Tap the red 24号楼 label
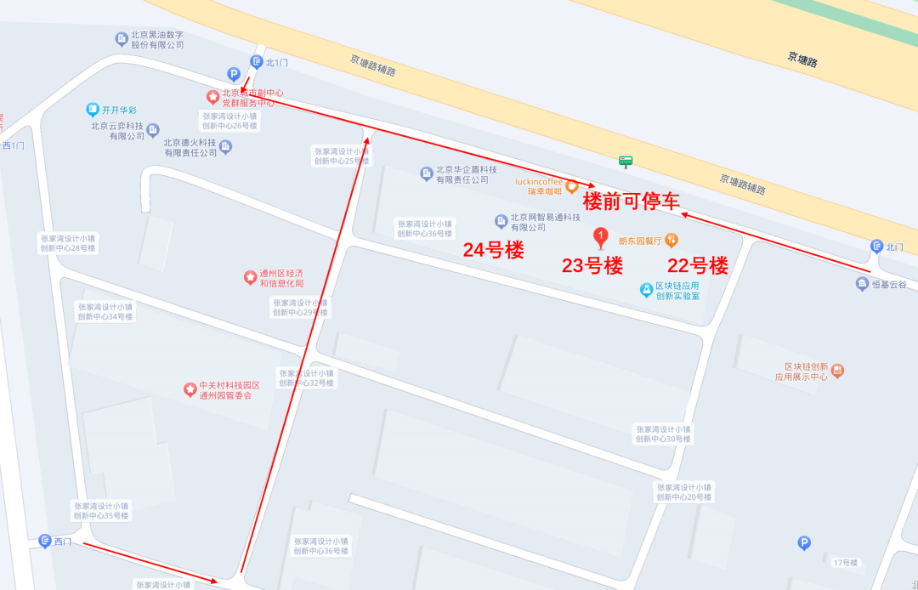tap(493, 250)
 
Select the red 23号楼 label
tap(592, 266)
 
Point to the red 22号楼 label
tap(698, 266)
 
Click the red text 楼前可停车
tap(632, 201)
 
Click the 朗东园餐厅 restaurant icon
tap(671, 240)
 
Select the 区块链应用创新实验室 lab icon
tap(646, 290)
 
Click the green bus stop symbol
tap(626, 161)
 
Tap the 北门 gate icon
tap(876, 247)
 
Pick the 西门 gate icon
tap(45, 541)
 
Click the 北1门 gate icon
tap(257, 61)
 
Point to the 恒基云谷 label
tap(891, 284)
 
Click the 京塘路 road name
tap(802, 59)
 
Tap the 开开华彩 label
tap(119, 110)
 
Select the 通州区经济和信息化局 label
tap(281, 278)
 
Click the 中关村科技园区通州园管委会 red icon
tap(190, 389)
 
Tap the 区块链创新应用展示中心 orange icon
tap(838, 371)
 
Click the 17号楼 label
tap(847, 563)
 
